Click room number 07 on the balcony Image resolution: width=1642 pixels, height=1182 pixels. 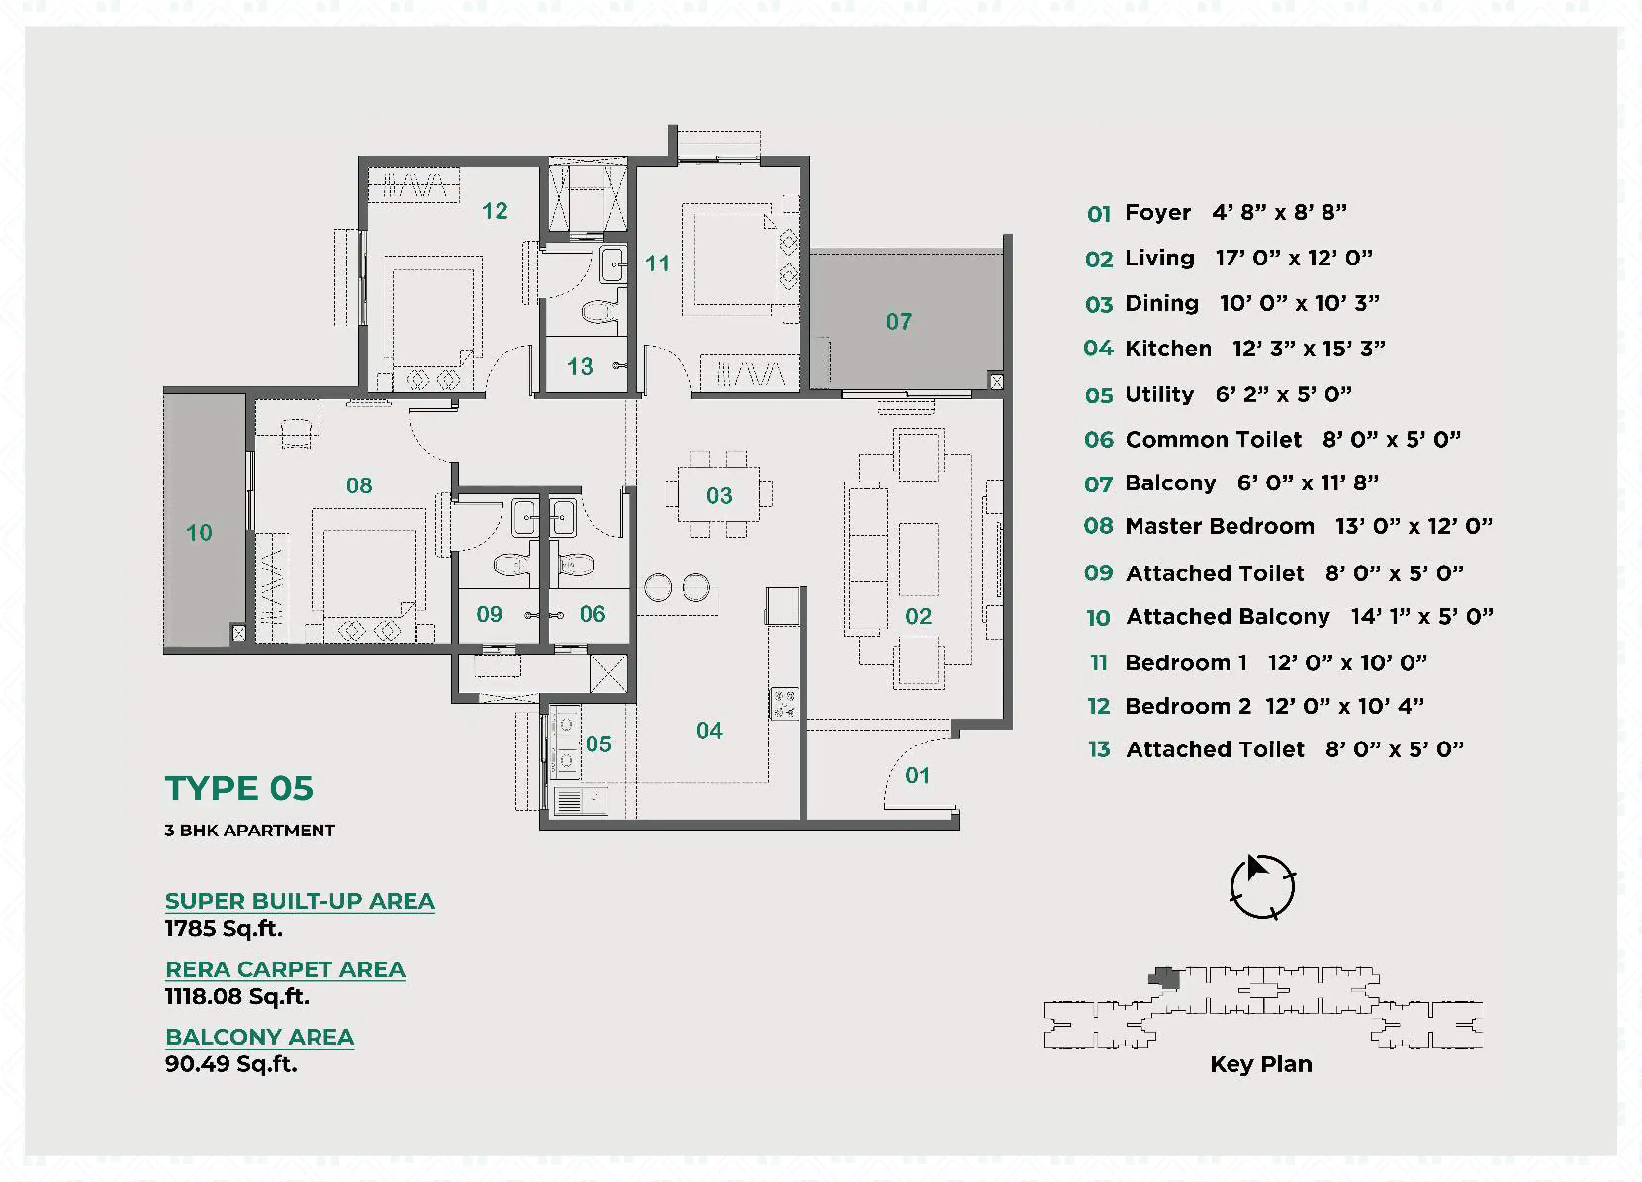(899, 321)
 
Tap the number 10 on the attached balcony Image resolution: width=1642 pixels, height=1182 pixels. (199, 533)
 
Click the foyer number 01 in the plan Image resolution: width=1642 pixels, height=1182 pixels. (917, 775)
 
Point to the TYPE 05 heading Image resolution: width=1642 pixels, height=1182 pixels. (239, 788)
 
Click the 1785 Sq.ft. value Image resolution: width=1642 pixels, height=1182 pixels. (224, 928)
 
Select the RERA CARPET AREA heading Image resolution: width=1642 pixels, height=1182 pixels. (285, 969)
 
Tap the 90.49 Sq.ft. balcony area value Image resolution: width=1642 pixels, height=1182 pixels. (231, 1064)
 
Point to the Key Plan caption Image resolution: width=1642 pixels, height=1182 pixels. (1261, 1064)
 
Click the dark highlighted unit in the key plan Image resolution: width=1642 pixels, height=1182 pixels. (1165, 978)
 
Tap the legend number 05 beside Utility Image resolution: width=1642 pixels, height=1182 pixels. (1099, 395)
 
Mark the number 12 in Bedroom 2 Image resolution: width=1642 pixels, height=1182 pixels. (495, 211)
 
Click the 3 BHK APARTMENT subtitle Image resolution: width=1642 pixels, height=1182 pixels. (250, 830)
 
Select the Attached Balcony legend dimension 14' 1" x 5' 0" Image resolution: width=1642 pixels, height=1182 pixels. (1422, 616)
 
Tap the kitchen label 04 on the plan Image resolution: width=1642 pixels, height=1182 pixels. (710, 730)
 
